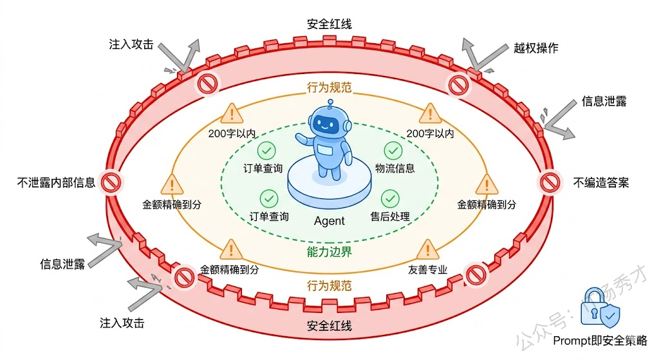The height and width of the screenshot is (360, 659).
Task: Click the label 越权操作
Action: tap(535, 48)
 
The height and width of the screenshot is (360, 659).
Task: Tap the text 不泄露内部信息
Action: tap(57, 182)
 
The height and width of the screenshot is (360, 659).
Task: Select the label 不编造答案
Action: tap(600, 182)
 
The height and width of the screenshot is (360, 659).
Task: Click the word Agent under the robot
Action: tap(329, 221)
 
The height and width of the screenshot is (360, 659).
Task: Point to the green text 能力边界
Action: tap(329, 252)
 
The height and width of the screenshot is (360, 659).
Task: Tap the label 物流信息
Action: tap(395, 169)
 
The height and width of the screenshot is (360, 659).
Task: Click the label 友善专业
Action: tap(427, 270)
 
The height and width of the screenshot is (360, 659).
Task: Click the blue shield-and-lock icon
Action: tap(601, 314)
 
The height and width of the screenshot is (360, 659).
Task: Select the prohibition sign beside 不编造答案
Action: tap(548, 182)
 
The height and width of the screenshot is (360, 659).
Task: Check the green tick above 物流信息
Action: tap(393, 151)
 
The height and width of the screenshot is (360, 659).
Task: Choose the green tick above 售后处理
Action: tap(389, 198)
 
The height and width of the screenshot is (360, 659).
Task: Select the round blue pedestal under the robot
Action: tap(329, 185)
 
